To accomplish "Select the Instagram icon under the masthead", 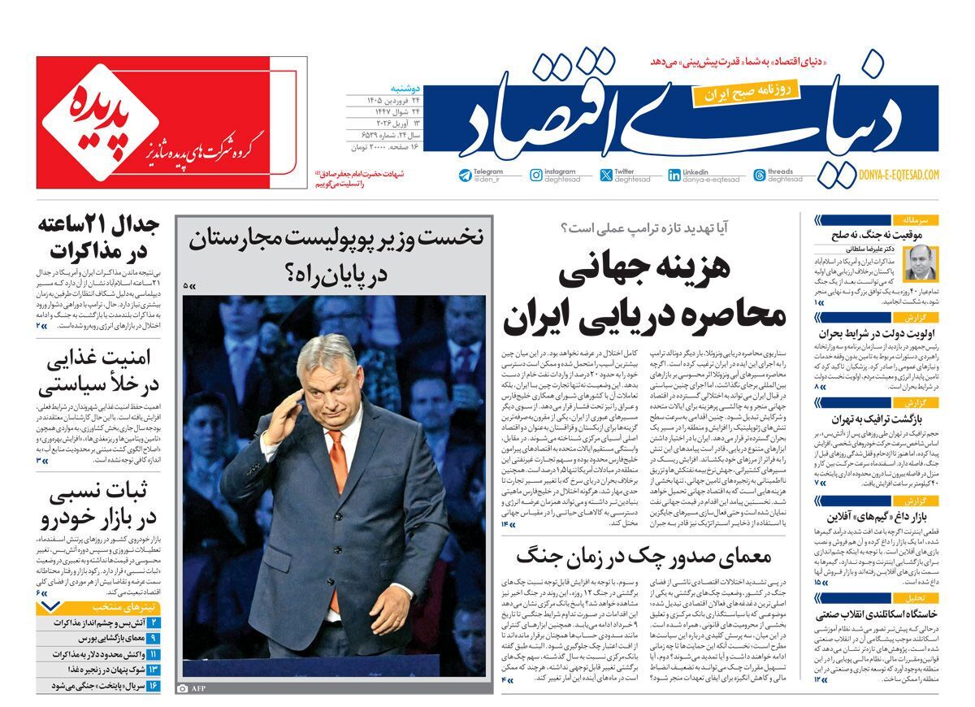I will point(536,176).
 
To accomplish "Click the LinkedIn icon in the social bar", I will point(674,176).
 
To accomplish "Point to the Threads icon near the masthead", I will point(759,176).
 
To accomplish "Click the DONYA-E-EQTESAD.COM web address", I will point(898,175).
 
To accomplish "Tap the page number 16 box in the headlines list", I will point(154,686).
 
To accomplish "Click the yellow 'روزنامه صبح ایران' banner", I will point(746,93).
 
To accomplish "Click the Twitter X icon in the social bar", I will point(606,176).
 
